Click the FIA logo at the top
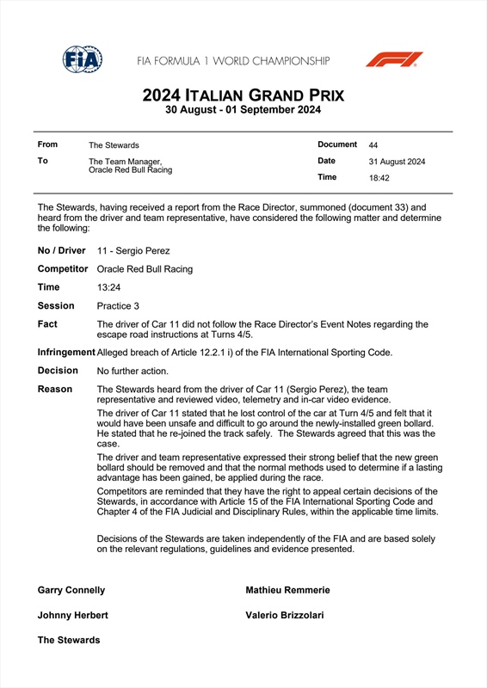pyautogui.click(x=83, y=59)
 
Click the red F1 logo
pyautogui.click(x=394, y=59)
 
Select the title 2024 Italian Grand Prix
pyautogui.click(x=243, y=95)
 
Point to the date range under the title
pyautogui.click(x=243, y=110)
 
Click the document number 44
pyautogui.click(x=373, y=145)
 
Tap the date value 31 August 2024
pyautogui.click(x=397, y=162)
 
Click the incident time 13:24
pyautogui.click(x=108, y=287)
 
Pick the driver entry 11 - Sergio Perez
pyautogui.click(x=133, y=251)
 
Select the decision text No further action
pyautogui.click(x=133, y=371)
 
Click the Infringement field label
pyautogui.click(x=66, y=353)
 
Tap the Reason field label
pyautogui.click(x=55, y=390)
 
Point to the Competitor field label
pyautogui.click(x=63, y=269)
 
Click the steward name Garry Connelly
pyautogui.click(x=71, y=591)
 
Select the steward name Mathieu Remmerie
pyautogui.click(x=287, y=591)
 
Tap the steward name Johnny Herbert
pyautogui.click(x=73, y=616)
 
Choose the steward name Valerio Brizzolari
pyautogui.click(x=285, y=616)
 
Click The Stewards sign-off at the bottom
pyautogui.click(x=69, y=640)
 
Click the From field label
pyautogui.click(x=47, y=145)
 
